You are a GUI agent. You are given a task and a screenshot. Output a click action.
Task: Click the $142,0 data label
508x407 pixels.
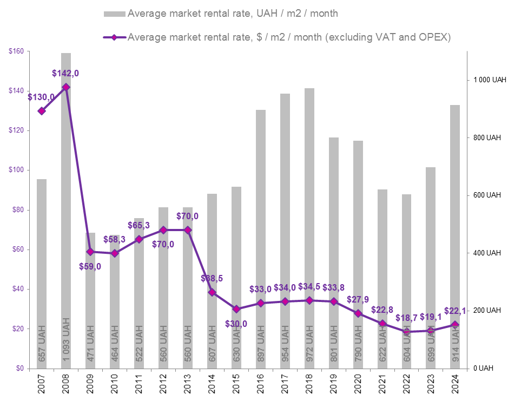point(69,73)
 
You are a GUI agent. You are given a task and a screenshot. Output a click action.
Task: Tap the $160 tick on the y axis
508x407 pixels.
point(16,51)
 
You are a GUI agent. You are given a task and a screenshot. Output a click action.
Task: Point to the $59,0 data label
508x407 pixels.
point(90,266)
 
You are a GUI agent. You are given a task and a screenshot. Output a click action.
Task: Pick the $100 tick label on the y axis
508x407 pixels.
point(16,170)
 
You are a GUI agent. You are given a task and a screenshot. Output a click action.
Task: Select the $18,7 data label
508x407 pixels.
point(406,318)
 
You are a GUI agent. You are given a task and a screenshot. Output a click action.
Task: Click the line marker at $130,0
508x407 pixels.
point(42,111)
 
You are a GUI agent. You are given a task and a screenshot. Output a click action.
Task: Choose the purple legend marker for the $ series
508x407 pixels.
point(114,37)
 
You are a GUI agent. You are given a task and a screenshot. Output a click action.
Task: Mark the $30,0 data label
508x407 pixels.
point(236,324)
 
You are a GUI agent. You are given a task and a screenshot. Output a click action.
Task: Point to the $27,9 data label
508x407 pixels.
point(358,299)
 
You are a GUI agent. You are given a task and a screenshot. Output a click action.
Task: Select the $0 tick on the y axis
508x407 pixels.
point(19,369)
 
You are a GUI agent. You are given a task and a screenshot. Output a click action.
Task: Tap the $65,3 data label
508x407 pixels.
point(138,225)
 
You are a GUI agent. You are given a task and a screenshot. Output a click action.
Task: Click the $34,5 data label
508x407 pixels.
point(309,286)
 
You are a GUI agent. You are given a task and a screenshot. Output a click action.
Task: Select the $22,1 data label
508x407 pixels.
point(455,311)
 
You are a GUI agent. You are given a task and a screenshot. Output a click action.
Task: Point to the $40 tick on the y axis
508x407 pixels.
point(17,289)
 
